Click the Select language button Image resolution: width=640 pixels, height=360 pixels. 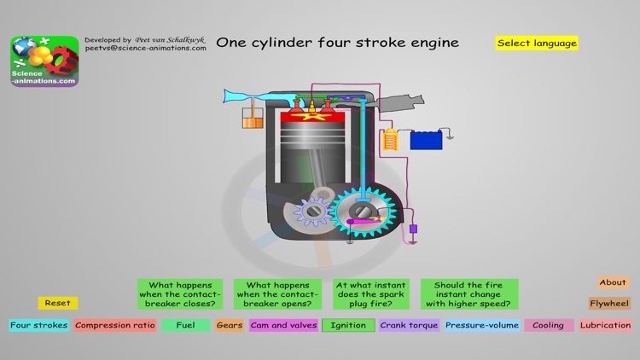click(537, 43)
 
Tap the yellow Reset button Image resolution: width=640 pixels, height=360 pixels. click(58, 303)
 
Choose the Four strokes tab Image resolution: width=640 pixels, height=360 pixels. click(39, 325)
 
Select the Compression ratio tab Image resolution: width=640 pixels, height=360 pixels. click(115, 325)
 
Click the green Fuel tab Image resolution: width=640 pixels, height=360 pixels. click(186, 325)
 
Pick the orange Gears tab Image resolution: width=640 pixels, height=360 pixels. click(230, 325)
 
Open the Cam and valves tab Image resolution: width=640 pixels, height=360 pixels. click(284, 325)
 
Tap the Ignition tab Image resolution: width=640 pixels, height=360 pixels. click(348, 325)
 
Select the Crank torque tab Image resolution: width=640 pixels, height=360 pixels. click(409, 325)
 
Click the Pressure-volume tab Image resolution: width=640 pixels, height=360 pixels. click(481, 325)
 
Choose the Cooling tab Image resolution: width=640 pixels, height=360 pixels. click(549, 325)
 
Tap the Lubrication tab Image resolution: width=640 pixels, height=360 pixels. click(606, 325)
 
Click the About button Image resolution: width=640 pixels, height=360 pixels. click(613, 282)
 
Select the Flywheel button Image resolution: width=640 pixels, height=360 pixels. click(609, 303)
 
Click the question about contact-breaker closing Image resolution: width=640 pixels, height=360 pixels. click(180, 294)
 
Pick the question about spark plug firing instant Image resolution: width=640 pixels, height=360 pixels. click(371, 294)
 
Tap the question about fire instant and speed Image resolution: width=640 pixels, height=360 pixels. click(469, 294)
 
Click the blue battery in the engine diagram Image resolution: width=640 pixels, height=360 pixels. click(427, 139)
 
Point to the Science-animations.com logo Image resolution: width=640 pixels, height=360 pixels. click(44, 61)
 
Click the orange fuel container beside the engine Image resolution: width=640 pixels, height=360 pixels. click(253, 119)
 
